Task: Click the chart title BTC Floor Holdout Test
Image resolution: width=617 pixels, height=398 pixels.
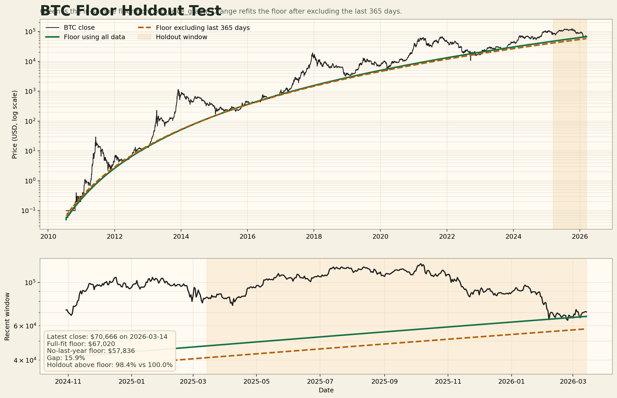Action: (131, 11)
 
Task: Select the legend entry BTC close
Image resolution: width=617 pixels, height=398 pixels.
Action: (79, 28)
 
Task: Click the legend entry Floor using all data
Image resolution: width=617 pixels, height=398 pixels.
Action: (94, 37)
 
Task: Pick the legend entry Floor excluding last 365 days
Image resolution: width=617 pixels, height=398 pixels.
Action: (203, 28)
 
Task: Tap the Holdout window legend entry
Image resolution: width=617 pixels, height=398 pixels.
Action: (181, 37)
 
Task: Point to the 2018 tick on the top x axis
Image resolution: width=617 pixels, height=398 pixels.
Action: (314, 236)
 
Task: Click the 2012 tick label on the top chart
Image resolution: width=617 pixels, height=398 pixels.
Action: (115, 236)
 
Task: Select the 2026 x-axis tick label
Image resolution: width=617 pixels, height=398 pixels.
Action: (580, 236)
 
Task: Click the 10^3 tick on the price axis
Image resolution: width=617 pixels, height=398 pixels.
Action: (31, 91)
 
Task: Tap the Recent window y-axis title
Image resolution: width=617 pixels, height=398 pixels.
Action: (7, 316)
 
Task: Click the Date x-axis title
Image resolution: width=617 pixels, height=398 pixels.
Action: (326, 390)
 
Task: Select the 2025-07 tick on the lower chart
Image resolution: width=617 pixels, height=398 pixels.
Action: (320, 381)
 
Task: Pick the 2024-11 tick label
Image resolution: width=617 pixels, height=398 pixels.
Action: (68, 381)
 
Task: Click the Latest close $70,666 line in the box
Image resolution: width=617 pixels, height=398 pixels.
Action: (107, 337)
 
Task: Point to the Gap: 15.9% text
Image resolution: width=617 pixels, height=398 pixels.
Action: (66, 358)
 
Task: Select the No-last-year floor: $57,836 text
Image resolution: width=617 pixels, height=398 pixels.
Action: (91, 351)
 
